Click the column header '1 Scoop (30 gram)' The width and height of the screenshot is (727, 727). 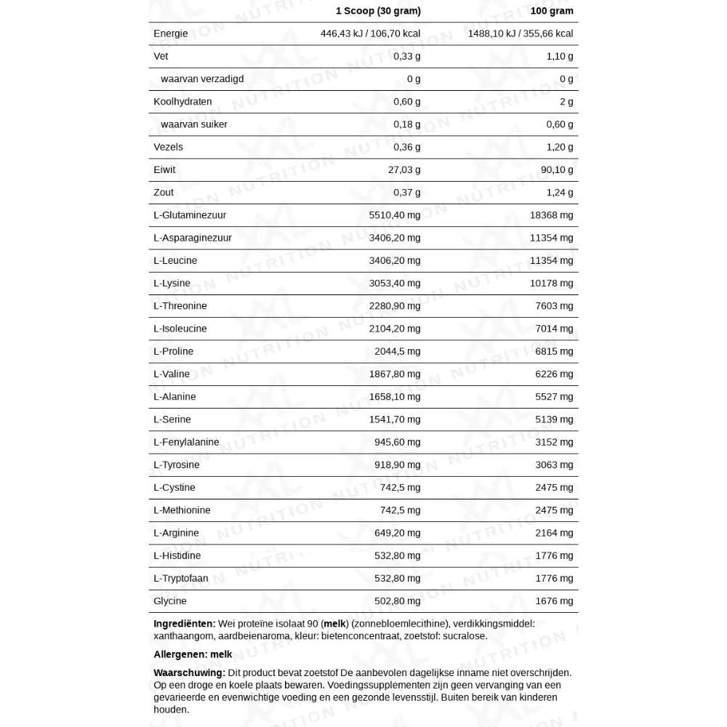point(378,11)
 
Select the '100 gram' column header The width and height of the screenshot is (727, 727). point(552,11)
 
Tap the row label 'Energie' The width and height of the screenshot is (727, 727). point(171,33)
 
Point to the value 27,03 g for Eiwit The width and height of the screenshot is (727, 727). point(404,169)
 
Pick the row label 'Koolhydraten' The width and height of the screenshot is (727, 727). point(182,102)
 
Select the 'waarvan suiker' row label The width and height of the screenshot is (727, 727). point(194,124)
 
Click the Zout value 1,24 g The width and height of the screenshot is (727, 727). point(560,193)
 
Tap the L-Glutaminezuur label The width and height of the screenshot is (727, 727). point(190,215)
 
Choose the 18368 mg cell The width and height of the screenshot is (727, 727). point(552,215)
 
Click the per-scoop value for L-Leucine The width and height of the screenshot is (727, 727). point(395,260)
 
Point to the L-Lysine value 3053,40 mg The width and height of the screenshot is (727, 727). point(395,284)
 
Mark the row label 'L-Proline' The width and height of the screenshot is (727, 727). point(173,351)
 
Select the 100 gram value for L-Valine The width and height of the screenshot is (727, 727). point(555,374)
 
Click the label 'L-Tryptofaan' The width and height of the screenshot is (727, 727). point(181,579)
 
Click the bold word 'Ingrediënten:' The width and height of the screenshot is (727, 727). point(185,624)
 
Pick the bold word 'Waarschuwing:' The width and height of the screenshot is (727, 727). point(189,673)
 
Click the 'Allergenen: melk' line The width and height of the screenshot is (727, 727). point(193,654)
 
